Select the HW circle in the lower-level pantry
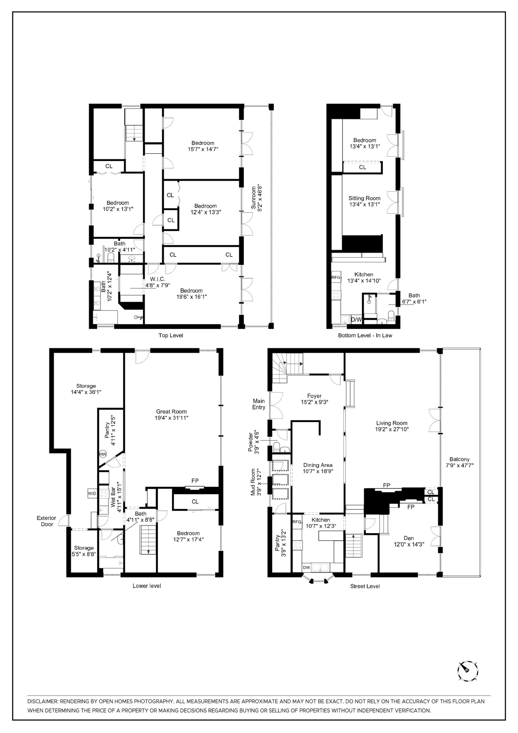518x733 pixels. coord(103,454)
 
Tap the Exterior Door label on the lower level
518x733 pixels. coord(46,521)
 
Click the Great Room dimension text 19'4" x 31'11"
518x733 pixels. coord(171,418)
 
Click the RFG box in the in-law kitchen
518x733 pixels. coord(336,277)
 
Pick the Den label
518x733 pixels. coord(408,538)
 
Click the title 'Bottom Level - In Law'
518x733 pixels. coord(365,335)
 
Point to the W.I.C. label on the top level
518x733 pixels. coord(158,279)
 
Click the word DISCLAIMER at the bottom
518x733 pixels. coord(42,701)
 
